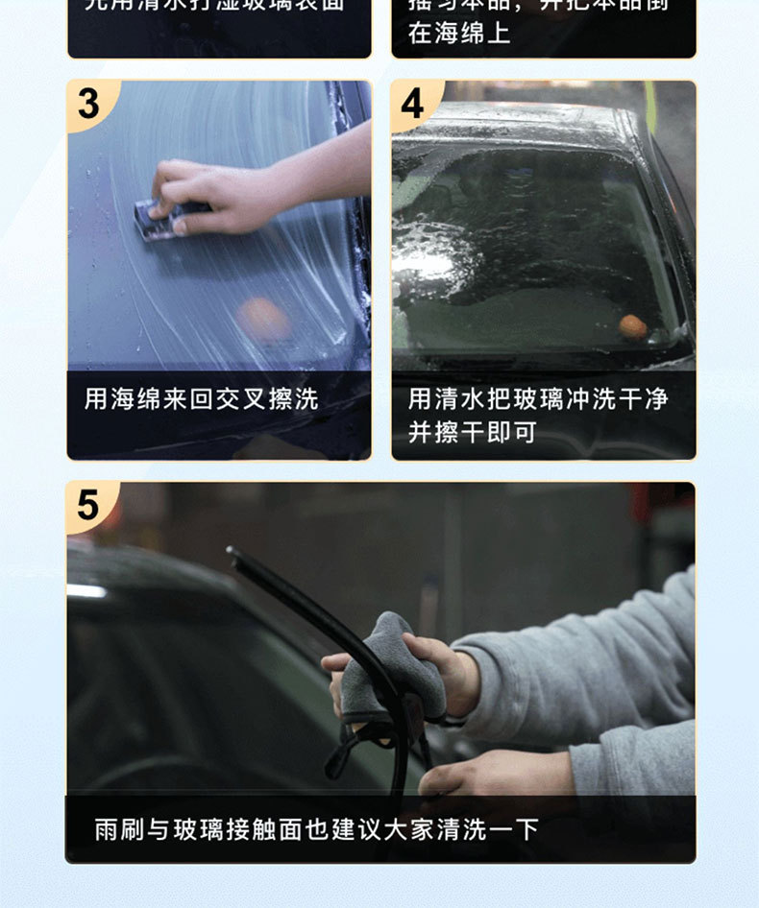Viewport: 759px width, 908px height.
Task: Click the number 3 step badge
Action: click(88, 103)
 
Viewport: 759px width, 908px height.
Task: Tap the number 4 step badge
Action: click(413, 103)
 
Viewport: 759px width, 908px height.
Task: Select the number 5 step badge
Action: click(88, 505)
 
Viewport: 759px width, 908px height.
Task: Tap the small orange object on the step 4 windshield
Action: click(632, 327)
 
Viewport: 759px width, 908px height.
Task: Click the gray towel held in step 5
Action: click(389, 662)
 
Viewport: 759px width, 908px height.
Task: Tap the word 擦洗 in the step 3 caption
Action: click(293, 399)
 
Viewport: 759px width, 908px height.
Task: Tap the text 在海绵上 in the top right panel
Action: click(459, 34)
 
